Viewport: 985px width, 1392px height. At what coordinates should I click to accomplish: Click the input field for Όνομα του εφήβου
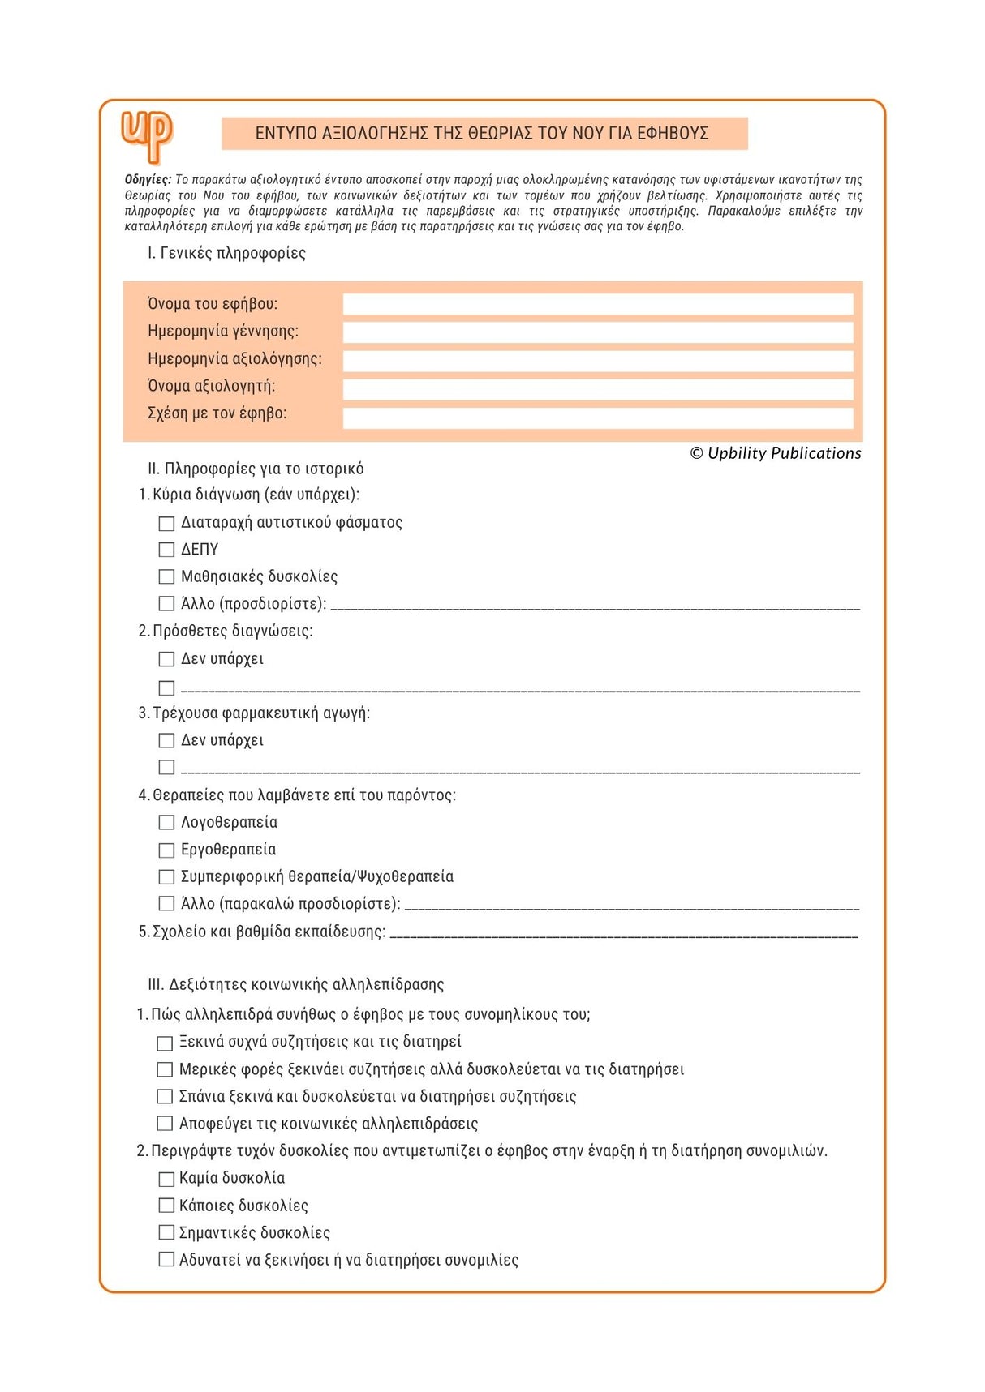pos(597,304)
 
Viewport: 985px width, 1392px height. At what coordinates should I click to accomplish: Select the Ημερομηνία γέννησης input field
pos(597,332)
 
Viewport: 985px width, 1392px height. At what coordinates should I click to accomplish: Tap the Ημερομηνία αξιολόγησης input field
pos(597,359)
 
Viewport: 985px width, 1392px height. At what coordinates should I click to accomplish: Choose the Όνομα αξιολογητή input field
pos(597,388)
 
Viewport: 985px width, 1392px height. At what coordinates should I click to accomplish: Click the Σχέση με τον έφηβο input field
pos(597,416)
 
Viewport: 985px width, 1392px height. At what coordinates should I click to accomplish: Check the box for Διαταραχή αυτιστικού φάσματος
pos(166,524)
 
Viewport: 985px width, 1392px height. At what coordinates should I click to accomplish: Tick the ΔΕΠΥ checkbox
pos(166,550)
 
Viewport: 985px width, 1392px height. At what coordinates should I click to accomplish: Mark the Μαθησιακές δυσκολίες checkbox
pos(166,577)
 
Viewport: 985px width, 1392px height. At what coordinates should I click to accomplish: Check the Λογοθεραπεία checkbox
pos(166,823)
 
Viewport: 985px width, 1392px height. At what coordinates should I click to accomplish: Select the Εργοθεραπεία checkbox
pos(166,850)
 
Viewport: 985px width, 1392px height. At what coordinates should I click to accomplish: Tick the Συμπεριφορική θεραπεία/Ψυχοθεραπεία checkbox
pos(166,877)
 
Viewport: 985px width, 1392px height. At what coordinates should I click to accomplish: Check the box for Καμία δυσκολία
pos(166,1179)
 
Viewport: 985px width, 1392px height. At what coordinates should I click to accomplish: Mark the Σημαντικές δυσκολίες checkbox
pos(166,1233)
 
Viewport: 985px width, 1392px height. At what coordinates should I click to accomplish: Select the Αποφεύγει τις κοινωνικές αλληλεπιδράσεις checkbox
pos(165,1124)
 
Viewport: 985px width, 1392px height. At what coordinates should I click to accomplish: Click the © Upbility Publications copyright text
pos(776,453)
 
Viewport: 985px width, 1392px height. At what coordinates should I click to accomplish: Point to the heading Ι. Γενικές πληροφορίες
pos(226,253)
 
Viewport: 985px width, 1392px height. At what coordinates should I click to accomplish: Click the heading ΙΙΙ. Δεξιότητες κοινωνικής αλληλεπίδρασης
pos(295,984)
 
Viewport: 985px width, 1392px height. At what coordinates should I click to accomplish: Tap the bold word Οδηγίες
pos(148,180)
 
